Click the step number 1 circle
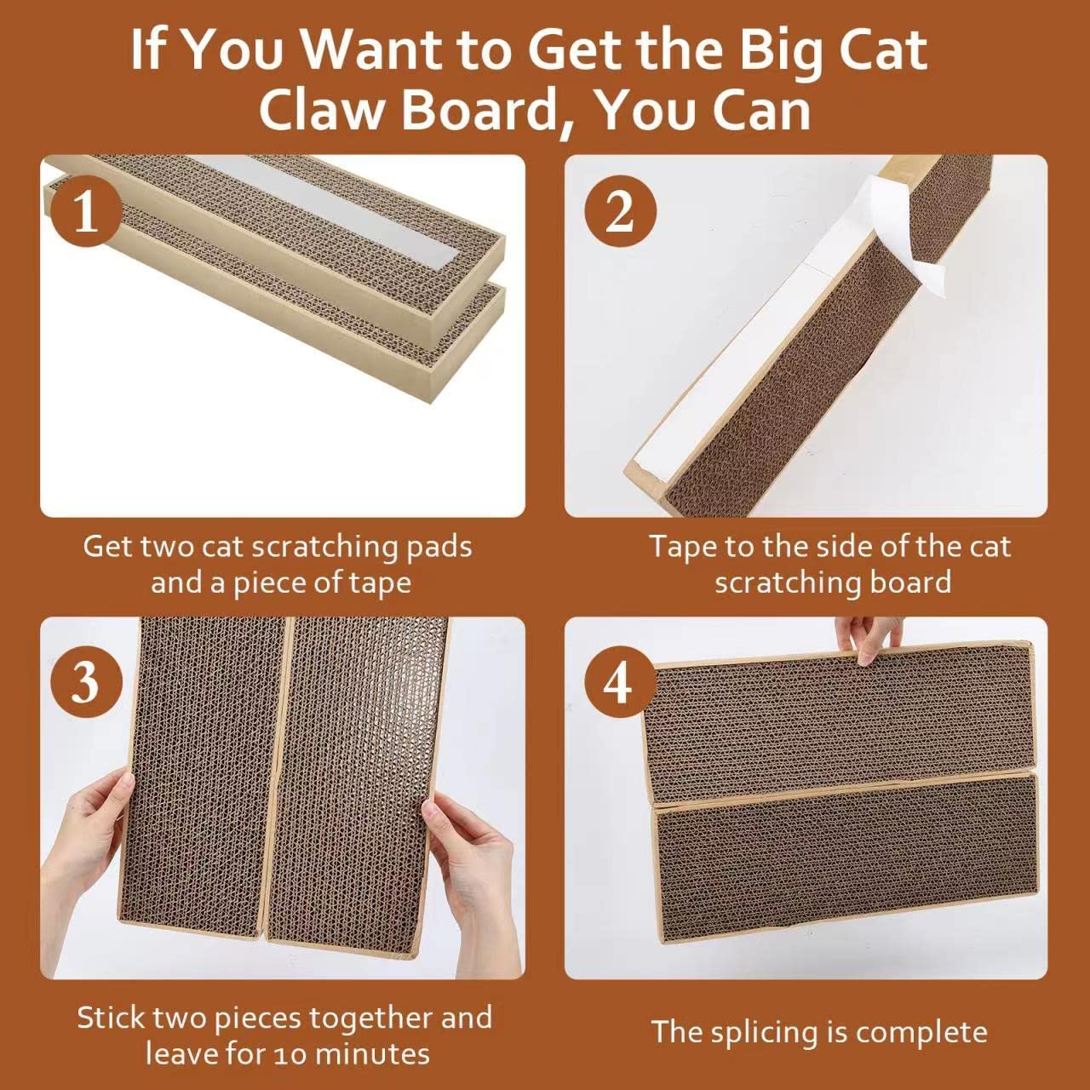[85, 212]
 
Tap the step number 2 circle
[620, 212]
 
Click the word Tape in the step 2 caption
[682, 546]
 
